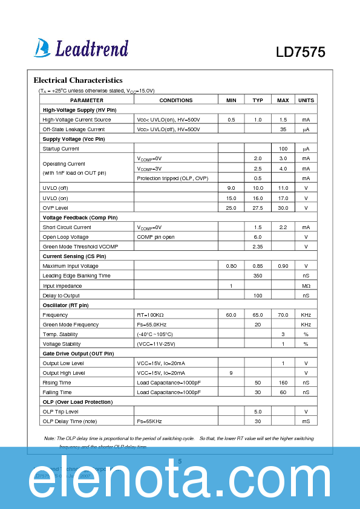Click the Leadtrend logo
[x=82, y=48]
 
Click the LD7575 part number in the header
[x=301, y=53]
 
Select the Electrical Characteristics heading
[x=78, y=80]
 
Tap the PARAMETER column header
[x=87, y=100]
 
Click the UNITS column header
[x=306, y=100]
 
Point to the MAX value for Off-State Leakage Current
[x=283, y=129]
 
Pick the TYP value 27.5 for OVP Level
[x=258, y=207]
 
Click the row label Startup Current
[x=61, y=149]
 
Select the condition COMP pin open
[x=155, y=237]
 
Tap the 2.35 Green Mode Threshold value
[x=258, y=247]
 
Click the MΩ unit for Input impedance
[x=306, y=285]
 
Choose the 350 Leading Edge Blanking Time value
[x=258, y=276]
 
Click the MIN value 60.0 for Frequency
[x=231, y=315]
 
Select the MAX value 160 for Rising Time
[x=283, y=383]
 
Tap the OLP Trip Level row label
[x=61, y=412]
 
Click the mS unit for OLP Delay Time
[x=306, y=421]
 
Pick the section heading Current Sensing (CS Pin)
[x=74, y=256]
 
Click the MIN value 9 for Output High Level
[x=231, y=373]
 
